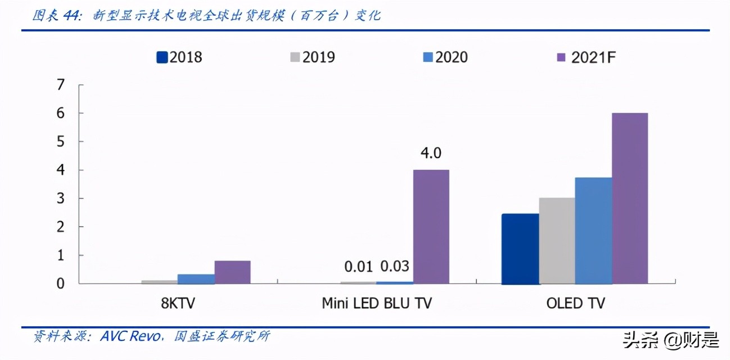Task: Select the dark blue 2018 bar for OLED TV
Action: pos(520,249)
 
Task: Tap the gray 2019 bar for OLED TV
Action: pos(557,241)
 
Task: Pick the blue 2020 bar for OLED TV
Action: pos(593,231)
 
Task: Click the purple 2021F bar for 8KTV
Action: pos(232,272)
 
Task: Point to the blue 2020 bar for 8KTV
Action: pos(196,279)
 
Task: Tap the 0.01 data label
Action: pos(358,267)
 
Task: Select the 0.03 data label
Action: pos(395,267)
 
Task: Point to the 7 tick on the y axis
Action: pos(61,85)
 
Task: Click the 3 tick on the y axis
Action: pos(61,199)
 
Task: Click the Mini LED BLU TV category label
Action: pos(377,304)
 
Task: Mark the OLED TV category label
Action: pos(575,304)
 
